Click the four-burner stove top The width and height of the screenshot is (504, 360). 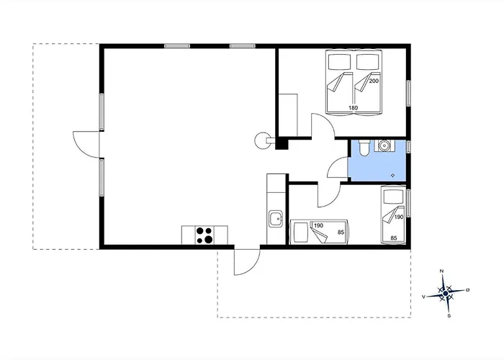(x=204, y=235)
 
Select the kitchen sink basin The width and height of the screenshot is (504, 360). (x=276, y=219)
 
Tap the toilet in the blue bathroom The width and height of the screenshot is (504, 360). (x=364, y=148)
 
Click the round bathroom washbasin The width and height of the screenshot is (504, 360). (x=384, y=145)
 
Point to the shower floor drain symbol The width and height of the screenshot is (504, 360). (x=393, y=175)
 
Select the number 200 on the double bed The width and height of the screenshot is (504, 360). (x=374, y=81)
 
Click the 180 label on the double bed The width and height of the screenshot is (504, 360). (x=353, y=108)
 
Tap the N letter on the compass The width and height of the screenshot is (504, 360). (x=441, y=271)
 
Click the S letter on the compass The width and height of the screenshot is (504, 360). (x=449, y=315)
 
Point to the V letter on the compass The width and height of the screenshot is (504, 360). (x=423, y=297)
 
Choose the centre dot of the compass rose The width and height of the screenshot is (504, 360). (x=445, y=294)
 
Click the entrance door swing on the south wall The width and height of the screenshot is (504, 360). (x=247, y=262)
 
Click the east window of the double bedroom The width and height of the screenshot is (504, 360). (x=408, y=93)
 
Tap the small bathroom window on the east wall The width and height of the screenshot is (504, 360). (x=408, y=146)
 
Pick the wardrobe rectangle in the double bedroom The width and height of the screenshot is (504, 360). (x=288, y=115)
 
